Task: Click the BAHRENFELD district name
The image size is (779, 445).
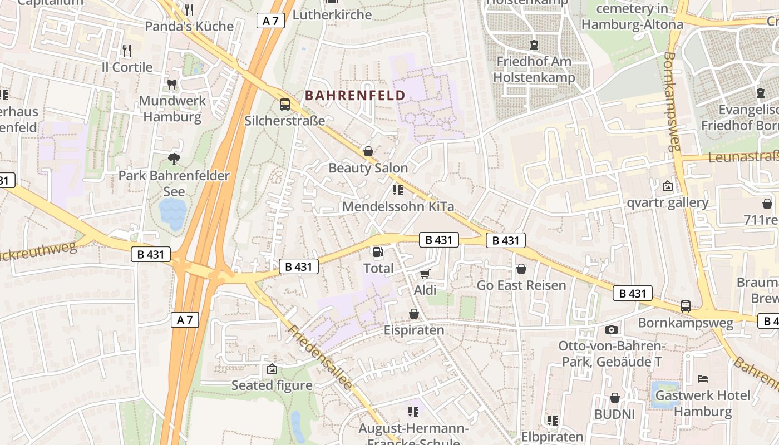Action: [x=355, y=95]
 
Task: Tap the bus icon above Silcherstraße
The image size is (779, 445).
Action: [x=284, y=104]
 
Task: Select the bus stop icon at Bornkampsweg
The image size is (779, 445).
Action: [x=686, y=306]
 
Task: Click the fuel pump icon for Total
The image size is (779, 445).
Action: [x=378, y=252]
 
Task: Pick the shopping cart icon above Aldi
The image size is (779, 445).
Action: [x=425, y=274]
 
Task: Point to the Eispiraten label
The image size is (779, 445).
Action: [x=414, y=330]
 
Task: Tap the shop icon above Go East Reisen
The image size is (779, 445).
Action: [x=521, y=269]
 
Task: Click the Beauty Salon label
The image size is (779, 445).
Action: [x=368, y=167]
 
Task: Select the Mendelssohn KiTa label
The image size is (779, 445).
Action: [x=398, y=206]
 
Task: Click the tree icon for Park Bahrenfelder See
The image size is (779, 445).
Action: [x=174, y=159]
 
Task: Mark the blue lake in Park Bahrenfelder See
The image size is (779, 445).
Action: [x=172, y=213]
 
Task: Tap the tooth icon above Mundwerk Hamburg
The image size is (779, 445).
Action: [x=172, y=85]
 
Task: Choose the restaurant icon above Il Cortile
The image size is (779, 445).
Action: [x=127, y=51]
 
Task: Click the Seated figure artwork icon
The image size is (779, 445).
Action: [x=272, y=369]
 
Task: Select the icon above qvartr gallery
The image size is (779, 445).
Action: [x=667, y=186]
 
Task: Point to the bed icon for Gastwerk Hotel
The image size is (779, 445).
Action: [x=703, y=379]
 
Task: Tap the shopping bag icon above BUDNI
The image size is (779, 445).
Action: [x=615, y=398]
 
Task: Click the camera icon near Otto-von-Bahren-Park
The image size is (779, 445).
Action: [x=612, y=329]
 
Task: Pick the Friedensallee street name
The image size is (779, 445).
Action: [x=319, y=357]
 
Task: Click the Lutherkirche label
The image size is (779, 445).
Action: [x=332, y=15]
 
